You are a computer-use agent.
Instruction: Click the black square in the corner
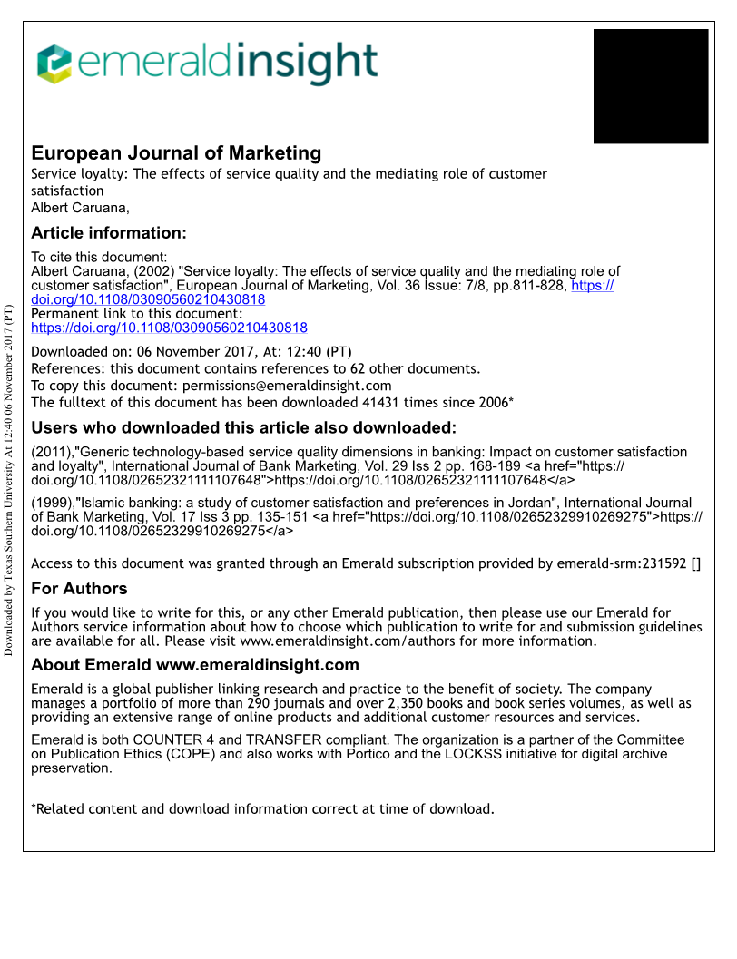click(x=650, y=86)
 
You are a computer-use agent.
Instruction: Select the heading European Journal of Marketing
click(x=176, y=152)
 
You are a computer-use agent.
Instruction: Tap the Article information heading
click(x=109, y=233)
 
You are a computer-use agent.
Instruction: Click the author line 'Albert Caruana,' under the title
click(x=81, y=208)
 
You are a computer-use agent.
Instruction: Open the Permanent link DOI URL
click(x=169, y=328)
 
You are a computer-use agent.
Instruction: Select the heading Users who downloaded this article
click(x=243, y=428)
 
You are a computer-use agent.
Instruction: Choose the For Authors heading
click(x=79, y=588)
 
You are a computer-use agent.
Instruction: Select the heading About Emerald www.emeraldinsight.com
click(x=195, y=665)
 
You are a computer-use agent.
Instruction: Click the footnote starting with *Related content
click(x=262, y=809)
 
